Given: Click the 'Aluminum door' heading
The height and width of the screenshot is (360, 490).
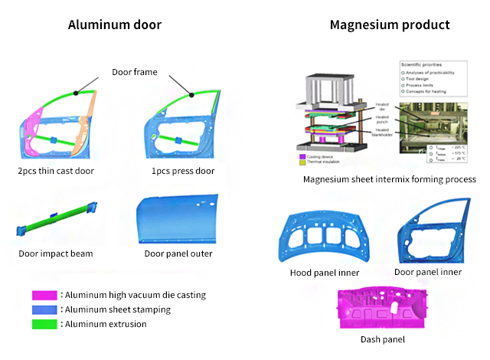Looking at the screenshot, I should (114, 25).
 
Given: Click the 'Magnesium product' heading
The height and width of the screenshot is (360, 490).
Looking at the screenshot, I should (389, 25).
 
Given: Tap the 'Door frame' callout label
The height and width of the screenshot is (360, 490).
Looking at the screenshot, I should (134, 72).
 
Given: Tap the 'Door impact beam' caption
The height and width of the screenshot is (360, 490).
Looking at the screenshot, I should (56, 254).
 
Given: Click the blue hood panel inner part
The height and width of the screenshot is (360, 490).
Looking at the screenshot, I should (324, 237).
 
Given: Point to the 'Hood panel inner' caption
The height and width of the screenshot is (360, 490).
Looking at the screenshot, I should (325, 273).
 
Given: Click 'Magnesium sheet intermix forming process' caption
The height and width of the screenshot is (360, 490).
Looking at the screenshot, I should (390, 179).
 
